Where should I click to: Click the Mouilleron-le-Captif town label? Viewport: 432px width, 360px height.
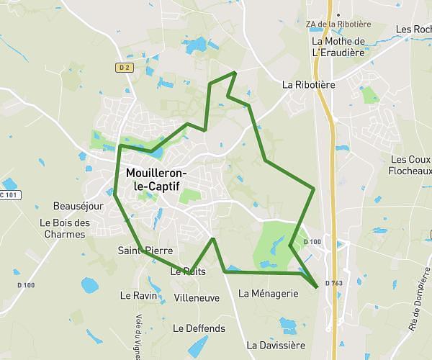pos(156,180)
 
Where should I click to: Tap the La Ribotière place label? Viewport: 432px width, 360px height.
pos(309,84)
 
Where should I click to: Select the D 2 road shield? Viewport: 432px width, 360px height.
pos(125,68)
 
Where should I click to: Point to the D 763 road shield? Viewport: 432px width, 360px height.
pos(333,283)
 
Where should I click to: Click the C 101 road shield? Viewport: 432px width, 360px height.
pos(7,195)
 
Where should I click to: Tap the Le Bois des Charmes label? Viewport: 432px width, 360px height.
pos(65,228)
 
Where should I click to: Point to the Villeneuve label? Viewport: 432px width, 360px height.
pos(197,297)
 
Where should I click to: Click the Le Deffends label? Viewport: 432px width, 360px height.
pos(199,328)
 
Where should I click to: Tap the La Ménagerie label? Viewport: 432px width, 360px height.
pos(268,293)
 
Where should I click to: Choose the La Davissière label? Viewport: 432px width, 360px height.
pos(276,345)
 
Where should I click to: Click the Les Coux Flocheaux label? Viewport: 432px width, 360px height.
pos(410,165)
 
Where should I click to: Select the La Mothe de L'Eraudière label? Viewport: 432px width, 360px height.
pos(339,47)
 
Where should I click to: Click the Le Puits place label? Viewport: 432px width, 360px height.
pos(188,272)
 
